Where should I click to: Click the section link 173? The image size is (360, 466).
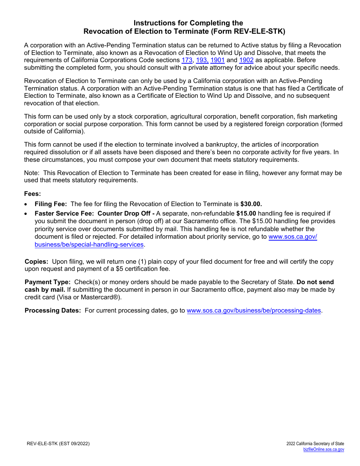pos(187,60)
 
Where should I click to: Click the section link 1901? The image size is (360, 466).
pos(218,60)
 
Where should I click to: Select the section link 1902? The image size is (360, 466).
pos(246,60)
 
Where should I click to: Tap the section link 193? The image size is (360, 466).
pos(202,60)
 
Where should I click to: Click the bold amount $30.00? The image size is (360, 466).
pos(251,204)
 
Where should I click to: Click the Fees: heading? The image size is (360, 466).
pos(32,194)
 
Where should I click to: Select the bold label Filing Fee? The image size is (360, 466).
pos(51,204)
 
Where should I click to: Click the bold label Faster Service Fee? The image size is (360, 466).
pos(64,214)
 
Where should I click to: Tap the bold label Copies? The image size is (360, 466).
pos(36,262)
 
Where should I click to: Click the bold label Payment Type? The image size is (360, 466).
pos(47,282)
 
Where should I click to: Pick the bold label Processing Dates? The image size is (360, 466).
pos(53,311)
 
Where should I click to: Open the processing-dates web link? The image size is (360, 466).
pos(254,311)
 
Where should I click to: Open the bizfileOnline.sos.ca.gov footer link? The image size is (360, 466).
pos(324,450)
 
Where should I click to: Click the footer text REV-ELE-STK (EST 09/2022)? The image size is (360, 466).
pos(58,444)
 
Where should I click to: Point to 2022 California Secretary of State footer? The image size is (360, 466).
pos(315,444)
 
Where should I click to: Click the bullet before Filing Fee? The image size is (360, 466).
pos(26,204)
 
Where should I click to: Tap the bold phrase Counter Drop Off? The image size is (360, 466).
pos(124,214)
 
